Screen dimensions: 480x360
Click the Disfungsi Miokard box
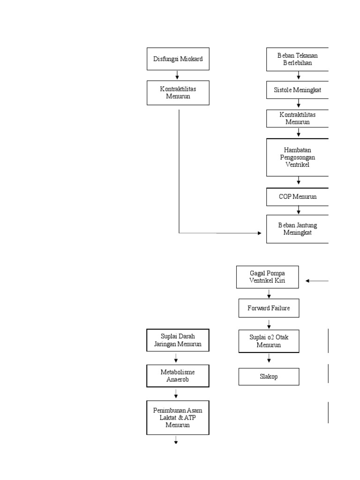[178, 59]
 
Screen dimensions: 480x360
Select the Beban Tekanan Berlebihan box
[298, 59]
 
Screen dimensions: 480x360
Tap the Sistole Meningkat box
[298, 90]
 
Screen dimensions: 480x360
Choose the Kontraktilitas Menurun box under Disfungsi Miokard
[178, 93]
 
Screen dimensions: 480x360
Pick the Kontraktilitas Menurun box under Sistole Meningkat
[298, 119]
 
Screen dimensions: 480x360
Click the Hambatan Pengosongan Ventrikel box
[298, 157]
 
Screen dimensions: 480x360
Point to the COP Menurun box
[298, 197]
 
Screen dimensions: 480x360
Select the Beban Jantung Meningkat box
[298, 229]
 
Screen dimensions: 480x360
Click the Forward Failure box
[269, 308]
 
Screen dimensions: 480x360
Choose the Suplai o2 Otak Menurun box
[269, 341]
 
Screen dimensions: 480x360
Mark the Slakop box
[269, 376]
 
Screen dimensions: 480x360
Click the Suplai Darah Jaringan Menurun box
[178, 340]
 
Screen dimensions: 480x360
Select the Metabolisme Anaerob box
[178, 376]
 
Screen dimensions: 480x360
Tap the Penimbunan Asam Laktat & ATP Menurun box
[178, 418]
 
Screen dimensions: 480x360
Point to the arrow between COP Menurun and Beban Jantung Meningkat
[299, 210]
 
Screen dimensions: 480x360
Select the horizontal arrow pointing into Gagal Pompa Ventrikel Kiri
[317, 281]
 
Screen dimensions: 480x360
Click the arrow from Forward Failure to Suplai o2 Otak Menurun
[269, 323]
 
